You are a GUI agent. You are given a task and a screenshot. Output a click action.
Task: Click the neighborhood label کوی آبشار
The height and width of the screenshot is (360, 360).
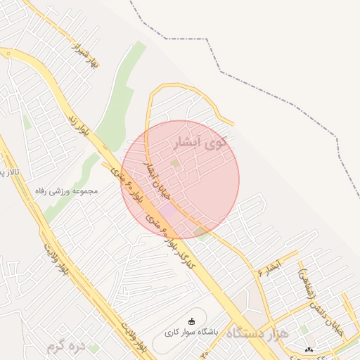click(x=201, y=143)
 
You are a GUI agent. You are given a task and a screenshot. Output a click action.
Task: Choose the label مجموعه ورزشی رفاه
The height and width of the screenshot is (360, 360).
click(x=67, y=191)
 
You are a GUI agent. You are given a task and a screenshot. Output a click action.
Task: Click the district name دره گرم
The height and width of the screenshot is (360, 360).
click(x=65, y=346)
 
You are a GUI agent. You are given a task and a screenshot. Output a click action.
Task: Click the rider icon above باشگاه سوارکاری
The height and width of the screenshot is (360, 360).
click(x=192, y=321)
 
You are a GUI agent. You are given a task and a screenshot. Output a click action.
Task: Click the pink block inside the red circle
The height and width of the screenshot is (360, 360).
click(x=168, y=210)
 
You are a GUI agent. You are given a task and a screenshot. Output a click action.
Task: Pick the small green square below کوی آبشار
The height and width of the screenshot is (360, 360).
click(x=175, y=163)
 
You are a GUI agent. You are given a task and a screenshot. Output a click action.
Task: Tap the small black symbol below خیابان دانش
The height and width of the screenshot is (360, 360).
click(x=309, y=349)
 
